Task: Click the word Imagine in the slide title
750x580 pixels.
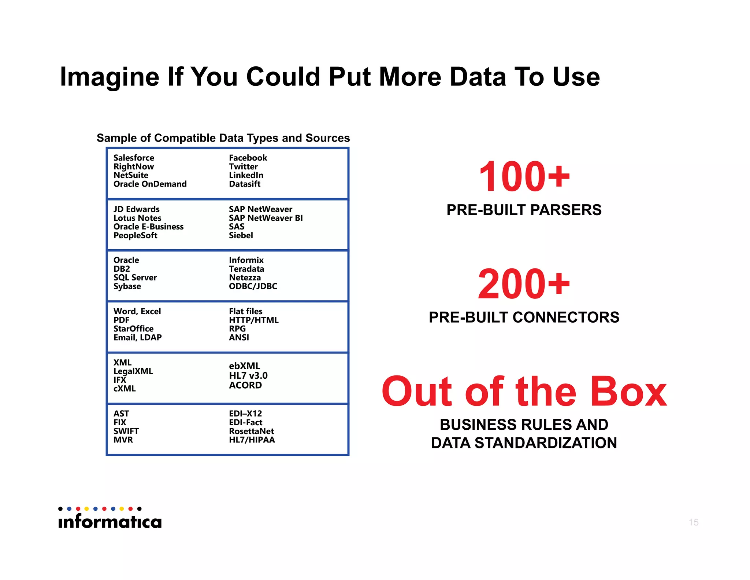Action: pos(109,77)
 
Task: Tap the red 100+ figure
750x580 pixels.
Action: pos(524,177)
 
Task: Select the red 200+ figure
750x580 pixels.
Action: pos(524,284)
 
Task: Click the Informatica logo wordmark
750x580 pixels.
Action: pos(110,521)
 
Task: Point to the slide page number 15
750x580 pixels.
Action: pos(693,522)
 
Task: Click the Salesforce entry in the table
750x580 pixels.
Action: pos(134,158)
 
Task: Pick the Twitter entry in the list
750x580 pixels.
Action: pos(243,166)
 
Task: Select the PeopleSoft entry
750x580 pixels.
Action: pos(135,235)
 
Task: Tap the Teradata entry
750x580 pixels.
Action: pos(246,269)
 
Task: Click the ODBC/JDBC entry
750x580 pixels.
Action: pos(253,286)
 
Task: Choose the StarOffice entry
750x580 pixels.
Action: pos(133,328)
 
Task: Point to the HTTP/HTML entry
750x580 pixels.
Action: pos(253,320)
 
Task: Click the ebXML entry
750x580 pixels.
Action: pos(244,366)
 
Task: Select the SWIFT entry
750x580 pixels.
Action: pos(126,431)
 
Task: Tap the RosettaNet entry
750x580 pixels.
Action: pos(251,431)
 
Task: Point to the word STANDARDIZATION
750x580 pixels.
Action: pos(546,443)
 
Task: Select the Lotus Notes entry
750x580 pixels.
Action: pos(137,218)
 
